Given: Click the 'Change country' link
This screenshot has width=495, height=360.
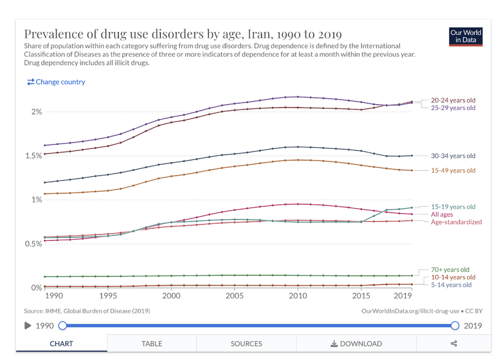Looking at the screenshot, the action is tap(56, 82).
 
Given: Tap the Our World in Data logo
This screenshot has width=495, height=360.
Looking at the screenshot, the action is tap(466, 37).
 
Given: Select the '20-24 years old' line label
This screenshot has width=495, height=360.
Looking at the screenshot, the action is tap(453, 100).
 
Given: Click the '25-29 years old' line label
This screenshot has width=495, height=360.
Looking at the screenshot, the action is tap(453, 108).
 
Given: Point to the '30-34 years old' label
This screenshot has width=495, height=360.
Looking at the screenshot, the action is tap(453, 156).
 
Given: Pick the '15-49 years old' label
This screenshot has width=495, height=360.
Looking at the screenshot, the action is tap(453, 171).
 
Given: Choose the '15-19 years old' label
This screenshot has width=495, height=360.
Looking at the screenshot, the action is tap(453, 207).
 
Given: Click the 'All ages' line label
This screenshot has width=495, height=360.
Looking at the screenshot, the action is tap(442, 214).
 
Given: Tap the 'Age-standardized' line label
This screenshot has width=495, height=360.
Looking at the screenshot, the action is tap(456, 222).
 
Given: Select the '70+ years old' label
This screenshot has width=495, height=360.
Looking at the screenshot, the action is tap(450, 270).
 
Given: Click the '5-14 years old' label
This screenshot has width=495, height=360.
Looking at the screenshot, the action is tap(451, 285).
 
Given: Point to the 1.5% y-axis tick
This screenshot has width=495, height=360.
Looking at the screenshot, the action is tap(34, 156).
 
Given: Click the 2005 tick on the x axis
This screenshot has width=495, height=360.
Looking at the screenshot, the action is tap(235, 296).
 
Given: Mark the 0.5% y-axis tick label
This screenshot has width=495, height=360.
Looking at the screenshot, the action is tap(34, 244).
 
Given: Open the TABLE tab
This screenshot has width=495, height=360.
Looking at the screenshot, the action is tap(152, 344).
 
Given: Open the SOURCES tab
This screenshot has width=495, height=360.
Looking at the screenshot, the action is tap(246, 344).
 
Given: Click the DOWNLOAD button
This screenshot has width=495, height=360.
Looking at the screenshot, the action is tap(356, 344).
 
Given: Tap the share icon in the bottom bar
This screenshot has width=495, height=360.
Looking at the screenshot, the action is tap(453, 344).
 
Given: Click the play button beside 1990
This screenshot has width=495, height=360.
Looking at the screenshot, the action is tap(28, 326).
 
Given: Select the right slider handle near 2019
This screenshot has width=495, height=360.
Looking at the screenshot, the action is tap(455, 326).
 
